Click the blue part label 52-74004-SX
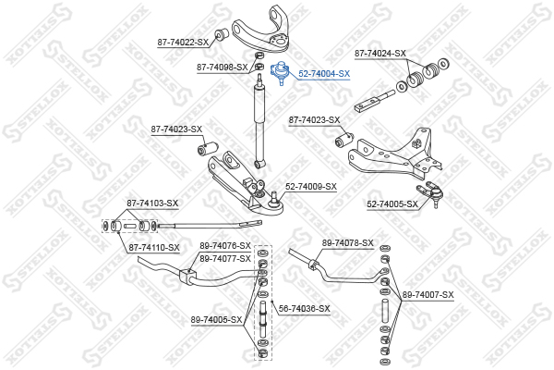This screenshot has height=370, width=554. [324, 74]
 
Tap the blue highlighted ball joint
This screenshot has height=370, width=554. [280, 72]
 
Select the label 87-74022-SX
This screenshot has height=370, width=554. [183, 43]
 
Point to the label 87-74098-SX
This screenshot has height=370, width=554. [223, 67]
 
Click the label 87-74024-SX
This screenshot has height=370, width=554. [380, 54]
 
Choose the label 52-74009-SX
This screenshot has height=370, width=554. [311, 187]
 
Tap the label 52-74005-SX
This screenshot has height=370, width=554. [392, 204]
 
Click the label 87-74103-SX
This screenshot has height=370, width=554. [152, 203]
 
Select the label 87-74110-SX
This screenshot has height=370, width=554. [154, 248]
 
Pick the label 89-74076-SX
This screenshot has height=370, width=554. [225, 245]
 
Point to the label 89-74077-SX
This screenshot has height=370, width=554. [225, 259]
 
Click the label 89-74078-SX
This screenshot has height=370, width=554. [348, 243]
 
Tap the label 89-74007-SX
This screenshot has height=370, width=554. [428, 294]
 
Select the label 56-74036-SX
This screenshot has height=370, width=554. [304, 309]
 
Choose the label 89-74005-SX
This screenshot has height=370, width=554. [217, 320]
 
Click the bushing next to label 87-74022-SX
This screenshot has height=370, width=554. [223, 32]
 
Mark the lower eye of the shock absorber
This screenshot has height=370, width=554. [259, 164]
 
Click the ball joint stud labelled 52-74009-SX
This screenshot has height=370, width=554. [273, 200]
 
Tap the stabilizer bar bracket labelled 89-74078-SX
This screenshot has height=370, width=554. [313, 264]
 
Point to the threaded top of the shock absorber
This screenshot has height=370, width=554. [260, 79]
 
